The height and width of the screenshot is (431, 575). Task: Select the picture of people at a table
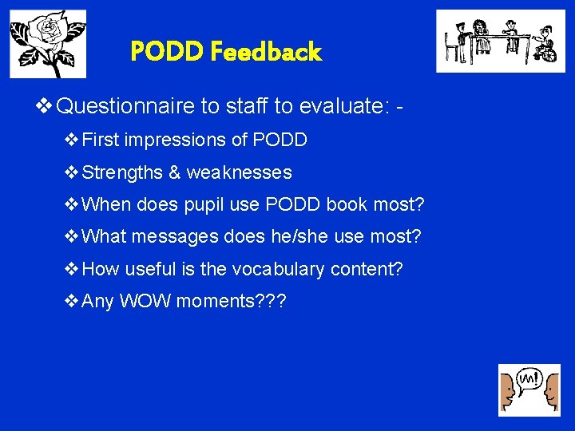[500, 42]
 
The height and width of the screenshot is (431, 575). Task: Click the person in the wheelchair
[545, 45]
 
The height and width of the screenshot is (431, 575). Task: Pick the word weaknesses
[239, 172]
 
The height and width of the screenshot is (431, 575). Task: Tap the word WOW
[145, 302]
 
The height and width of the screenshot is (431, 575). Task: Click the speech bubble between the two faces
[529, 378]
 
